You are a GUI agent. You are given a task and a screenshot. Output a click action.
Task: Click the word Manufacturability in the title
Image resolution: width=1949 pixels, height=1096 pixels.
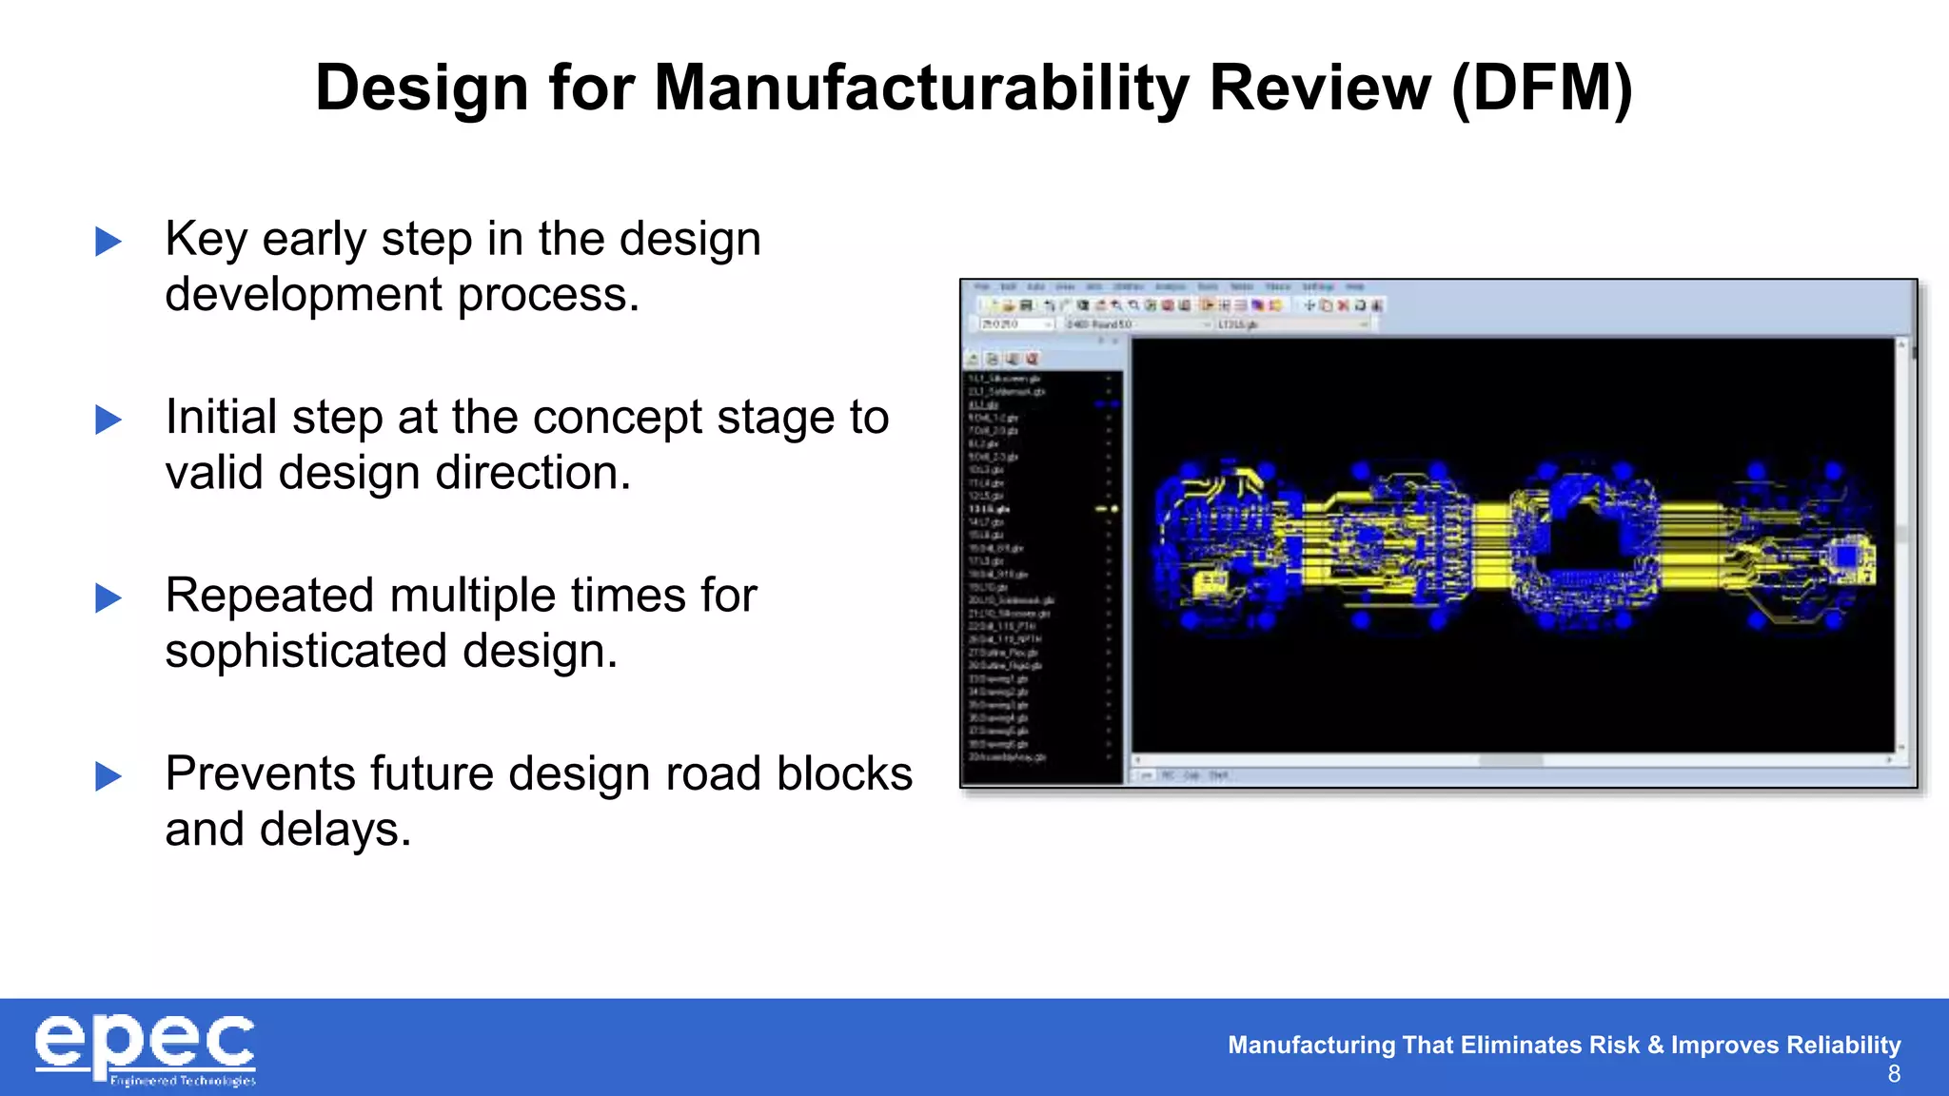coord(921,88)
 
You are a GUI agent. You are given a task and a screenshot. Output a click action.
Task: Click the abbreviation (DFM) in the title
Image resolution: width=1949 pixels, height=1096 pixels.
coord(1542,88)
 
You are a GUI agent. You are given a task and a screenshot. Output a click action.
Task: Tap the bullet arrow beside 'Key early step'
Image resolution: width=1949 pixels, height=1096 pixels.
coord(108,242)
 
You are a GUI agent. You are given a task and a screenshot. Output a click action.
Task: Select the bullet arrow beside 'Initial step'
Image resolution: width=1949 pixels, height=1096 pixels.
coord(108,420)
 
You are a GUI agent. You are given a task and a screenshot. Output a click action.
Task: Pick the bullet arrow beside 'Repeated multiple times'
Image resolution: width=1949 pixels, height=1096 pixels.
coord(108,598)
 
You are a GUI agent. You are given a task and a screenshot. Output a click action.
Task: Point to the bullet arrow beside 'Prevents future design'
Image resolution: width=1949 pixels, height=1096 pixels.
coord(108,776)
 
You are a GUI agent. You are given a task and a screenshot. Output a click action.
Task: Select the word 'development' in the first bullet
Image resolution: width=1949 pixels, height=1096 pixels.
coord(304,295)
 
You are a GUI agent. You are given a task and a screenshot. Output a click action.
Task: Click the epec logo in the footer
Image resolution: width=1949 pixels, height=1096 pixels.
coord(146,1048)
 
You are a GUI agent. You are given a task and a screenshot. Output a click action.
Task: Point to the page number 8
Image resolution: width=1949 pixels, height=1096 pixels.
coord(1894,1074)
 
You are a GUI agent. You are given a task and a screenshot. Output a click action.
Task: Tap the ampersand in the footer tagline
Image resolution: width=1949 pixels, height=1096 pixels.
coord(1655,1045)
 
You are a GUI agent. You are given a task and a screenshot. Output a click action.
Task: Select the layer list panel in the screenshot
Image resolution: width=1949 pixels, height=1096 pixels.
coord(1041,571)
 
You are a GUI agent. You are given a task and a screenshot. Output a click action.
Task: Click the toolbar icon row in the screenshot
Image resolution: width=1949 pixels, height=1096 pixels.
coord(1180,305)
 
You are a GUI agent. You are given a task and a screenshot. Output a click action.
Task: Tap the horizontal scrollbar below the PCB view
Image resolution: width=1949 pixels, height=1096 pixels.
coord(1511,760)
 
